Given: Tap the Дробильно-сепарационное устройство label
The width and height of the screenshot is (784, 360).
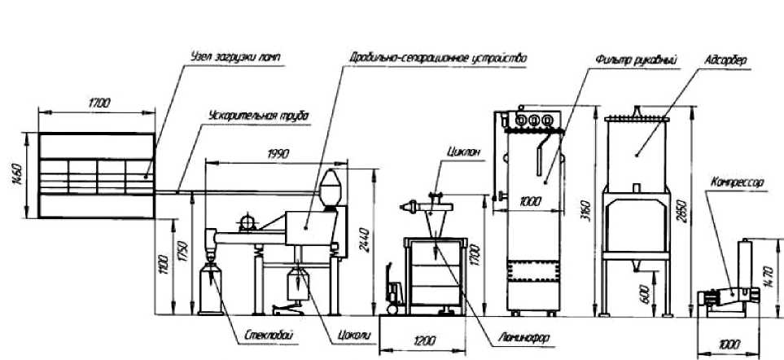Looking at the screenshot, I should (x=438, y=59).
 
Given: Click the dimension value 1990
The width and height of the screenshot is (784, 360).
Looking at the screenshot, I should (x=278, y=152).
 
